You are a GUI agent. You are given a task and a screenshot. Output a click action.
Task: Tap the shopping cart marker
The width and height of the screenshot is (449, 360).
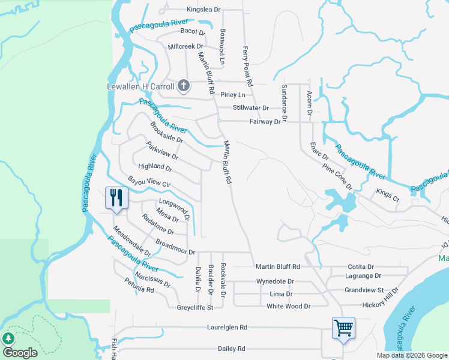click(x=343, y=328)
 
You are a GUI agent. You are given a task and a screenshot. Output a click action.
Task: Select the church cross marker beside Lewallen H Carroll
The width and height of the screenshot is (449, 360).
click(x=184, y=86)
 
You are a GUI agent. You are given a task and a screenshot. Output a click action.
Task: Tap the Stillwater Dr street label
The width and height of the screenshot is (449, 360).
click(x=251, y=108)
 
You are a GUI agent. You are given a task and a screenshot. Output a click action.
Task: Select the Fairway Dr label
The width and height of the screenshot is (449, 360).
click(x=265, y=121)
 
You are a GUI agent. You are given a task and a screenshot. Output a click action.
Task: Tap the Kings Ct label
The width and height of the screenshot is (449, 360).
click(x=387, y=194)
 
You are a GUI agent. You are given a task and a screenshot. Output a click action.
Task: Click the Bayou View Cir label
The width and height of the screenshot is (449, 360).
click(x=149, y=181)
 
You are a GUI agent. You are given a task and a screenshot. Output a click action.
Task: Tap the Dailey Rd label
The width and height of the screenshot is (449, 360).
click(x=231, y=348)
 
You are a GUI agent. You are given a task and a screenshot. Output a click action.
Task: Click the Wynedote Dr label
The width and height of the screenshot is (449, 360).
click(x=275, y=281)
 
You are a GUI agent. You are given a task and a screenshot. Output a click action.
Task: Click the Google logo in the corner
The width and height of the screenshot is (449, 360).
click(x=20, y=353)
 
